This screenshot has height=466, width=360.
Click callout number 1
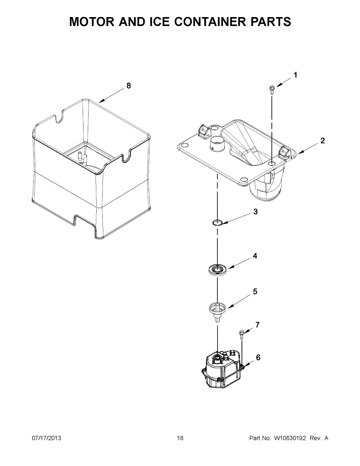296,75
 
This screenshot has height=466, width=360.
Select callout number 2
323,141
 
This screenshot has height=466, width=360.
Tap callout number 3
255,212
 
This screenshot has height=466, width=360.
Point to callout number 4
255,256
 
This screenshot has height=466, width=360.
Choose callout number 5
255,292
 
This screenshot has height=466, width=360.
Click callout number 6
258,358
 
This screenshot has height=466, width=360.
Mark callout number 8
129,86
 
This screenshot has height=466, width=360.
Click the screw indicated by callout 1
271,90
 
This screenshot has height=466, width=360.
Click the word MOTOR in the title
92,22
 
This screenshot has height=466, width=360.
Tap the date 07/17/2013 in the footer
46,438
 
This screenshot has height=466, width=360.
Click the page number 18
180,438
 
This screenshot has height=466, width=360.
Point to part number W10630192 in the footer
290,438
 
